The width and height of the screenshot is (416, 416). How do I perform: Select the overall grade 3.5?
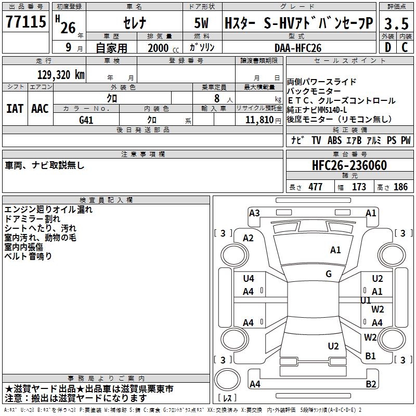tap(395, 23)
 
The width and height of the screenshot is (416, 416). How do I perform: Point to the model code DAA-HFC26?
tap(298, 48)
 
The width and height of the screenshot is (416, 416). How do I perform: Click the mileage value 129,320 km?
tap(61, 74)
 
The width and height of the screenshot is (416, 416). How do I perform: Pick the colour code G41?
tap(86, 119)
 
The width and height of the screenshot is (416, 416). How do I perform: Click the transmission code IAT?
tap(15, 109)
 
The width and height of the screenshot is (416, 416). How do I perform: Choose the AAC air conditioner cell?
tap(40, 109)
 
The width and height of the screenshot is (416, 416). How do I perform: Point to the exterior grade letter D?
tap(387, 48)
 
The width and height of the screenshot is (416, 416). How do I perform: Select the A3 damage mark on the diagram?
tap(254, 213)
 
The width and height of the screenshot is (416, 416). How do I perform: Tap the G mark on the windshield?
tap(329, 274)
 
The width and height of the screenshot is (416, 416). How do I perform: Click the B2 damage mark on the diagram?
tap(371, 384)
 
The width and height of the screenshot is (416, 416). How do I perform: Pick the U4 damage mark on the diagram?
tap(249, 279)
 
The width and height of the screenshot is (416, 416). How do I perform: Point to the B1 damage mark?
tap(370, 356)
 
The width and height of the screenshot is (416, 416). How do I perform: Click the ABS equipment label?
tap(334, 140)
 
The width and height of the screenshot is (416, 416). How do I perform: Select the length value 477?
tap(315, 187)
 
